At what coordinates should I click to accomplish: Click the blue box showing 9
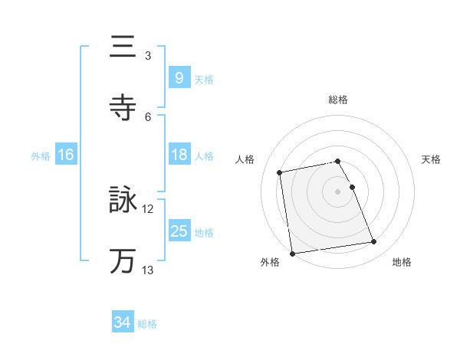click(x=179, y=78)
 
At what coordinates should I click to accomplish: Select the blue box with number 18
click(x=179, y=155)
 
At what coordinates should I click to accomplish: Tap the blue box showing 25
click(x=179, y=231)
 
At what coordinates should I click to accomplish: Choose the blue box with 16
click(x=66, y=155)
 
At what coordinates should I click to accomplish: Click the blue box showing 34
click(x=123, y=322)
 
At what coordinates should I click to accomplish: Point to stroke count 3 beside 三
click(x=148, y=56)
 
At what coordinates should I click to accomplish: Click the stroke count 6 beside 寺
click(x=148, y=117)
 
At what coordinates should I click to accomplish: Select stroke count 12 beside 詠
click(x=148, y=209)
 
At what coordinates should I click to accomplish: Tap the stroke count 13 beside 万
click(x=148, y=270)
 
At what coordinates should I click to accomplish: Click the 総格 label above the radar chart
click(x=338, y=100)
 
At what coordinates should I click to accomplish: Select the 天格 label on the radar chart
click(x=431, y=159)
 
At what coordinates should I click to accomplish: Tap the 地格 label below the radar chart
click(x=402, y=263)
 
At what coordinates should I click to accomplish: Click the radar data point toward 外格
click(x=292, y=253)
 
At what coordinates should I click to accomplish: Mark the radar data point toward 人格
click(x=281, y=172)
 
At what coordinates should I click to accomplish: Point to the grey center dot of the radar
click(x=338, y=191)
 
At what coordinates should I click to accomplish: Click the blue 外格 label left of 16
click(x=41, y=155)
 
